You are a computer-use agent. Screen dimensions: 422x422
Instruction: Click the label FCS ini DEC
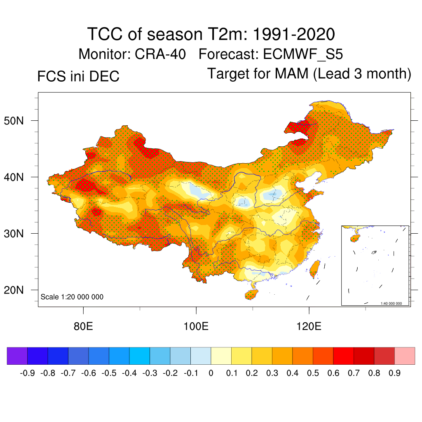(78, 76)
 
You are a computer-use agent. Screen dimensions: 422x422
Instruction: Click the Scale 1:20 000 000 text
(72, 297)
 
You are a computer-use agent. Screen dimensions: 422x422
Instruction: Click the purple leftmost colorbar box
(17, 356)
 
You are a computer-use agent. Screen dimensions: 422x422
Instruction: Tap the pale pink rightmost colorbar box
(405, 356)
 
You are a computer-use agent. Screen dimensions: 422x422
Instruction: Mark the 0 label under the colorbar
(211, 373)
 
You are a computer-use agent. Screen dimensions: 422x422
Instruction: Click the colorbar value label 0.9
(394, 373)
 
